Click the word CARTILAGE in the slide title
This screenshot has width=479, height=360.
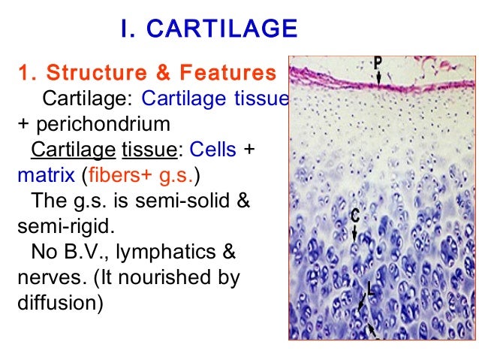[221, 29]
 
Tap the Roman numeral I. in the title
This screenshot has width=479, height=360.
[129, 29]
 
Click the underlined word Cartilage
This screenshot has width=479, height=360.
[73, 150]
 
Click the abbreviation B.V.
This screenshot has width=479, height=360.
[80, 253]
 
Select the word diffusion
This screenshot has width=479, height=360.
[56, 304]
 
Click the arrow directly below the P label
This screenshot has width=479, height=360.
[380, 78]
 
